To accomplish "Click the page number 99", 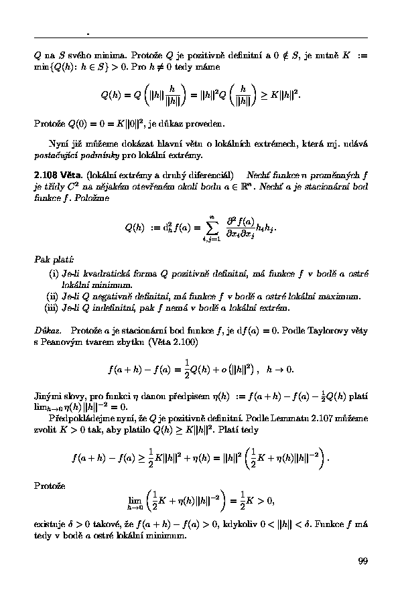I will pyautogui.click(x=362, y=561).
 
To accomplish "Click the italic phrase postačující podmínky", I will pyautogui.click(x=74, y=155).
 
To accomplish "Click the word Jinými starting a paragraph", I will pyautogui.click(x=49, y=395).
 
